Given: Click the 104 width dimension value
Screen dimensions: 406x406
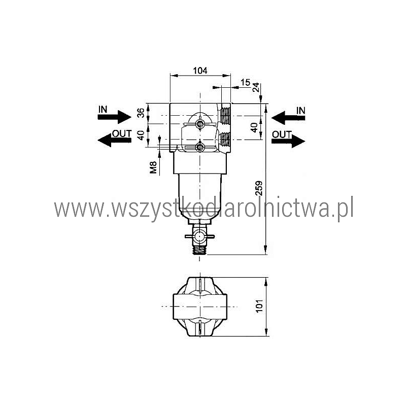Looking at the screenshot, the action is [200, 71].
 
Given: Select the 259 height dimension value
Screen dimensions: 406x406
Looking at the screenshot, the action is [259, 188].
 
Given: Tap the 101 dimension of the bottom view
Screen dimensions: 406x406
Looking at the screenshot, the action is [259, 306].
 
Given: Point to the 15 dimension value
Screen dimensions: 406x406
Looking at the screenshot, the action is [245, 82].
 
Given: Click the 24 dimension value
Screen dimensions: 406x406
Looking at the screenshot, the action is [256, 87].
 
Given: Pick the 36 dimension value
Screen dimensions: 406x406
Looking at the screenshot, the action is [141, 113].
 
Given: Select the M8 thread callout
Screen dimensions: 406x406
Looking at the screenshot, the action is [153, 167].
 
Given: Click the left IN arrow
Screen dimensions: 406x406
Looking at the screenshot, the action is [115, 117].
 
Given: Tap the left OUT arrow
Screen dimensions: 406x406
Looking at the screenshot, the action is [115, 140].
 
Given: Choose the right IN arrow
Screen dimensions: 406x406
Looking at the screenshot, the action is [288, 118].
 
